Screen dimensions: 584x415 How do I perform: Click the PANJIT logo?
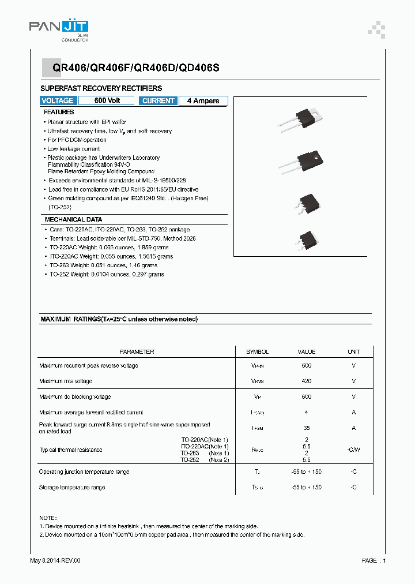click(x=58, y=28)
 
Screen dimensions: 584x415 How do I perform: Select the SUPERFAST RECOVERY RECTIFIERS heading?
click(x=101, y=88)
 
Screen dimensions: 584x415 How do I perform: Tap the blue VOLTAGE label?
click(x=58, y=101)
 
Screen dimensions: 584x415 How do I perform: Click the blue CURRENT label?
click(x=158, y=101)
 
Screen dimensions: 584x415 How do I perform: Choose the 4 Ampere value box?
click(x=203, y=101)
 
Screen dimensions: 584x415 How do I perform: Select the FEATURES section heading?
click(x=59, y=112)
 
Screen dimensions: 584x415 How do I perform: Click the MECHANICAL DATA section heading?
click(x=73, y=219)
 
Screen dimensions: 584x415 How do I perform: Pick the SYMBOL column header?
click(x=257, y=351)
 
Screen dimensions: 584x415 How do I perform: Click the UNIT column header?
click(x=353, y=351)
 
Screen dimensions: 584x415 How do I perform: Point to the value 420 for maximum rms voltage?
click(x=306, y=381)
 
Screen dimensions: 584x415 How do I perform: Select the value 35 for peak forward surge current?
click(x=306, y=428)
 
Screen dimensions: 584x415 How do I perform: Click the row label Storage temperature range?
click(x=72, y=488)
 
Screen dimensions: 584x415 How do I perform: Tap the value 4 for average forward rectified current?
click(x=306, y=412)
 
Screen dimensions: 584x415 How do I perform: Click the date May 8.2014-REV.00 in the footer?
click(x=55, y=560)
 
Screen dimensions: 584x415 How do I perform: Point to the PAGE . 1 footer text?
click(x=373, y=560)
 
